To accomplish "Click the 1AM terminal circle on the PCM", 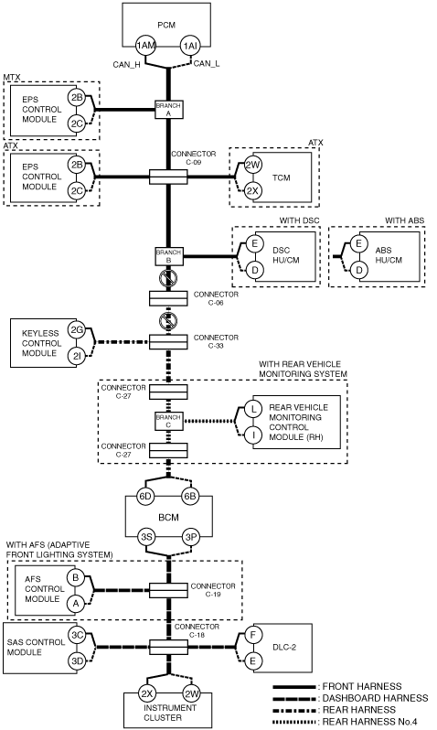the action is (145, 46).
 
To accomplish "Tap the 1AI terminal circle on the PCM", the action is (191, 46).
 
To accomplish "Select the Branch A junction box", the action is (168, 110).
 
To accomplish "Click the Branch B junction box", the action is (168, 256).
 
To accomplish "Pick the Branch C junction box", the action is (168, 421).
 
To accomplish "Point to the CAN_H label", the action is (126, 65).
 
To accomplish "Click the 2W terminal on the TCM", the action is (253, 165).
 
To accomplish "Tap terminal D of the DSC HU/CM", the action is (254, 270).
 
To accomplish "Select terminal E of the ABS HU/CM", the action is (358, 243).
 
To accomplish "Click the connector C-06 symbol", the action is (168, 298).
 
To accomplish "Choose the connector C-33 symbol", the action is (168, 342).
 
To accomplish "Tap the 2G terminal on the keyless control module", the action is (77, 330).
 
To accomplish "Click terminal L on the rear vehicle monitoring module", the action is (253, 409).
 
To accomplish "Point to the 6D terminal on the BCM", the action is (145, 497).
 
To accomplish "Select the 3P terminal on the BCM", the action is (191, 537).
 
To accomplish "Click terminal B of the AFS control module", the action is (75, 578).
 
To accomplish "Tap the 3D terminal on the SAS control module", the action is (77, 660).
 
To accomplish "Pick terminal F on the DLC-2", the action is (253, 635).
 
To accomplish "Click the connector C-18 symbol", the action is (168, 647).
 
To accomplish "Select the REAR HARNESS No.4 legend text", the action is (370, 722).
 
